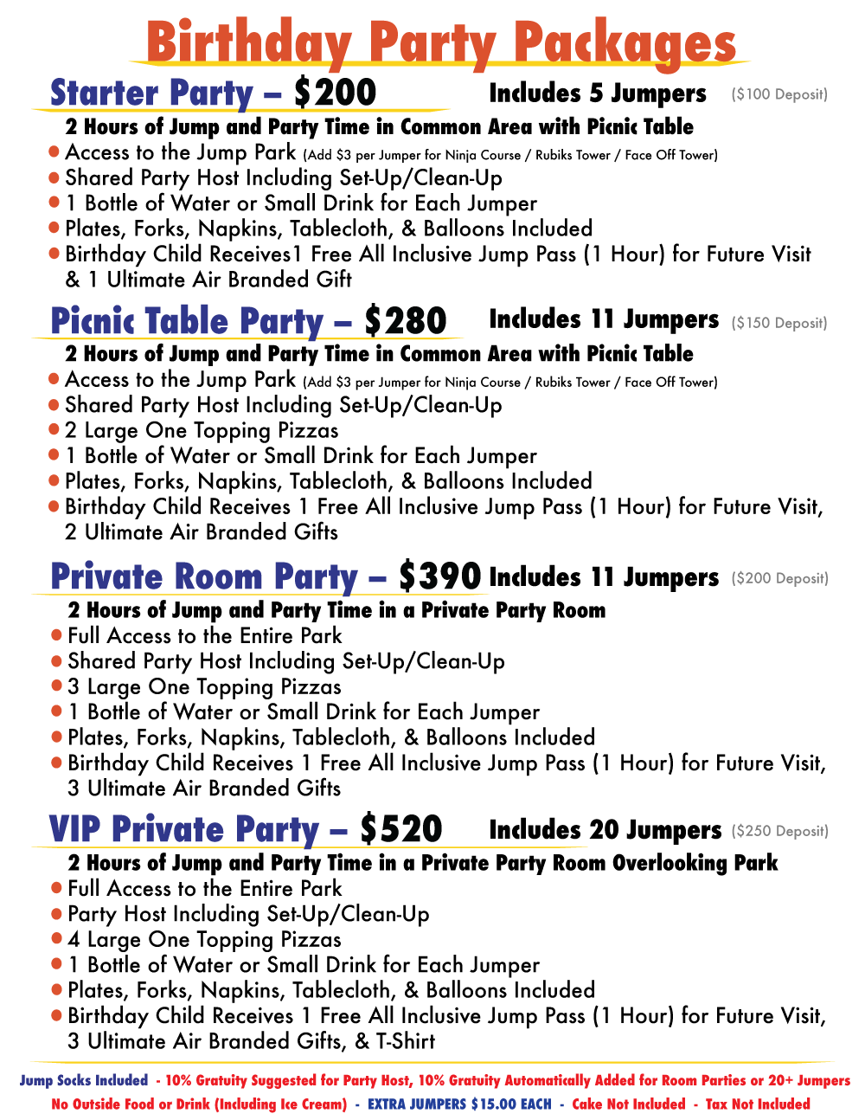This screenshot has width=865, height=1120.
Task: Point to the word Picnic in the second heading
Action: tap(93, 320)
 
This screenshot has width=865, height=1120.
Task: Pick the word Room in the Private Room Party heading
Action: tap(220, 576)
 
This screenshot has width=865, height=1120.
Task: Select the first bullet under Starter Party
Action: tap(54, 151)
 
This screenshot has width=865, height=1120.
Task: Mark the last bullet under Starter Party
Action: tap(54, 254)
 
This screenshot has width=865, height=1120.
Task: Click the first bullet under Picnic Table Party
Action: tap(54, 378)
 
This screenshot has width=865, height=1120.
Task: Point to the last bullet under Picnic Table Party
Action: tap(54, 506)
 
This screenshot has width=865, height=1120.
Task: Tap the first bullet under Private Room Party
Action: tap(56, 634)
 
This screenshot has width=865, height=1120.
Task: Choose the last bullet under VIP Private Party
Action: tap(56, 1015)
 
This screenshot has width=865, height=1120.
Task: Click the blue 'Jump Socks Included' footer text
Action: tap(84, 1081)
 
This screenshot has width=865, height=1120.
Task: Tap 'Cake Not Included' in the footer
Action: tap(629, 1104)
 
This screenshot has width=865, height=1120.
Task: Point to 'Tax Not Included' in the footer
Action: tap(759, 1104)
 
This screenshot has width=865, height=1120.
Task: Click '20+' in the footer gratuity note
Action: tap(781, 1081)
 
